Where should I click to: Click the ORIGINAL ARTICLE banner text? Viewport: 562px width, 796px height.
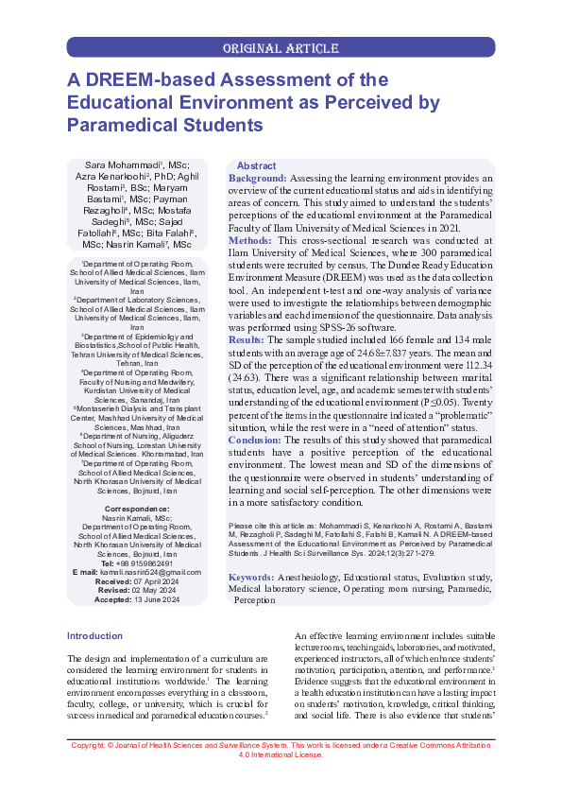pyautogui.click(x=281, y=47)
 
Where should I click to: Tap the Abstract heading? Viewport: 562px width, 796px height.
pyautogui.click(x=256, y=165)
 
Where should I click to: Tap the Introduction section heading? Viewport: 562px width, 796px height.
pyautogui.click(x=95, y=635)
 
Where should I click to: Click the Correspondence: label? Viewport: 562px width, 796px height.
pyautogui.click(x=136, y=510)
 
